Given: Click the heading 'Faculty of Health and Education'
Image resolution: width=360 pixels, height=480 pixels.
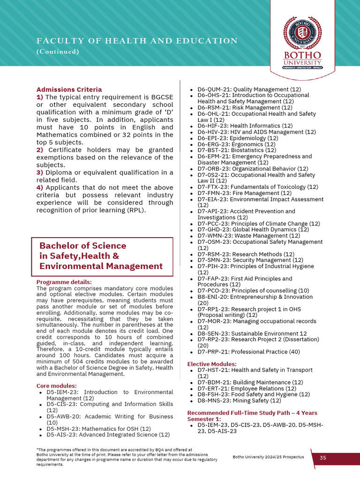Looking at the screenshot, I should [x=137, y=41].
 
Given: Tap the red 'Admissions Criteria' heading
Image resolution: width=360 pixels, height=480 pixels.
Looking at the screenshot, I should [x=69, y=90].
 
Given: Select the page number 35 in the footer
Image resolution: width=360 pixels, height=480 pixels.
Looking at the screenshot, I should [x=323, y=457].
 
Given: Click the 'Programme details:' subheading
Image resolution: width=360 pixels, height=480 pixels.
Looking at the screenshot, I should [x=64, y=282].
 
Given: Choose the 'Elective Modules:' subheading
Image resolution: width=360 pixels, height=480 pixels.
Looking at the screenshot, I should [x=212, y=364].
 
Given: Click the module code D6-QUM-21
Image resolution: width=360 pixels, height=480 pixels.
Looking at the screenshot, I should [x=213, y=89].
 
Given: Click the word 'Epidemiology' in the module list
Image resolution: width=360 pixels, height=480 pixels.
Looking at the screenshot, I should [x=249, y=138].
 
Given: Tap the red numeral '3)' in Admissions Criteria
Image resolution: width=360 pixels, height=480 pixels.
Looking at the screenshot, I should [x=40, y=172].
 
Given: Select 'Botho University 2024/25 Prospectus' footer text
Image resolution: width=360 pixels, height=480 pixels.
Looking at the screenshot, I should [x=268, y=457].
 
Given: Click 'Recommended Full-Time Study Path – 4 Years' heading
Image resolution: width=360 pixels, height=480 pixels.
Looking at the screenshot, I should [x=252, y=413].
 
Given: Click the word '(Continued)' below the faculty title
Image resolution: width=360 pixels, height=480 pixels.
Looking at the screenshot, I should [x=58, y=52].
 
